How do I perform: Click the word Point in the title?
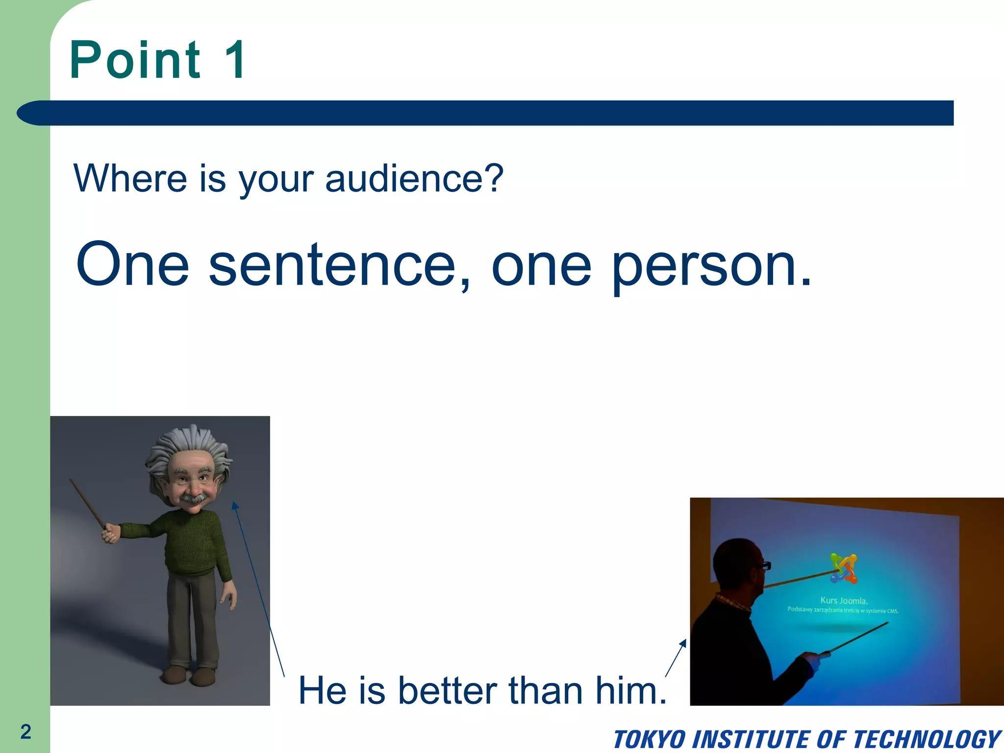[135, 60]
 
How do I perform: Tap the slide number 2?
[25, 731]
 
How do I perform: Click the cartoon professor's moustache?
[194, 499]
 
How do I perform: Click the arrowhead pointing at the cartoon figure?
[235, 505]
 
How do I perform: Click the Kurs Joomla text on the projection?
[844, 601]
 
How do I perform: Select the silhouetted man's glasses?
[763, 565]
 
